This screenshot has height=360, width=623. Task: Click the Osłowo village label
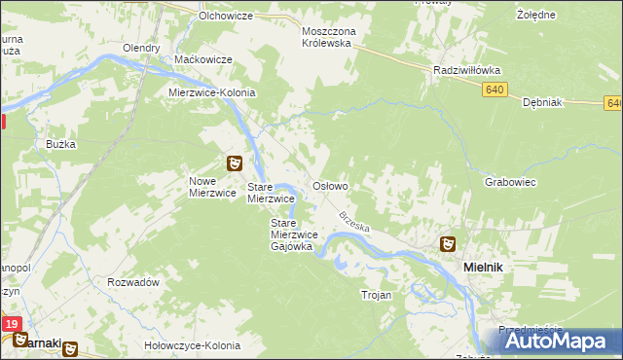330,185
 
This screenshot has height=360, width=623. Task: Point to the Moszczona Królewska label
329,38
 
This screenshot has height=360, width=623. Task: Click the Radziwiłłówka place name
466,70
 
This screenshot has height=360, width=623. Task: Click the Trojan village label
376,295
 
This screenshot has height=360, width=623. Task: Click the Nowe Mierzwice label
213,187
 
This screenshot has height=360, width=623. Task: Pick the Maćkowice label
202,59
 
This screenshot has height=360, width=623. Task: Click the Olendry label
141,48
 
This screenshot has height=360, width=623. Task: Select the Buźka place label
60,144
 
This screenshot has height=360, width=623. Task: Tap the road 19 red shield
11,324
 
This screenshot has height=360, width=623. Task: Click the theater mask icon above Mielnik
448,244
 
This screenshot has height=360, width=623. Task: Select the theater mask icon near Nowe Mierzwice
235,163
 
